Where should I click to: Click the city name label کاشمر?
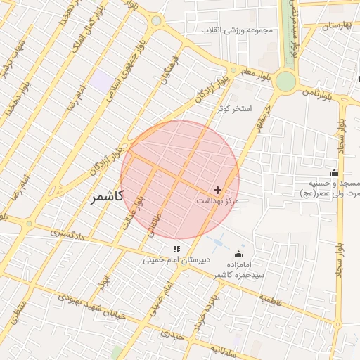pos(108,196)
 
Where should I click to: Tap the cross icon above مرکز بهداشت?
pos(217,190)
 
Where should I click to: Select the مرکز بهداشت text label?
pos(217,201)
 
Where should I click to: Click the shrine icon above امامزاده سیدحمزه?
pos(239,255)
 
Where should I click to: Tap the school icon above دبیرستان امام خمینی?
pos(176,248)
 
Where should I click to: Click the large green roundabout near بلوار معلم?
pos(285,82)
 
